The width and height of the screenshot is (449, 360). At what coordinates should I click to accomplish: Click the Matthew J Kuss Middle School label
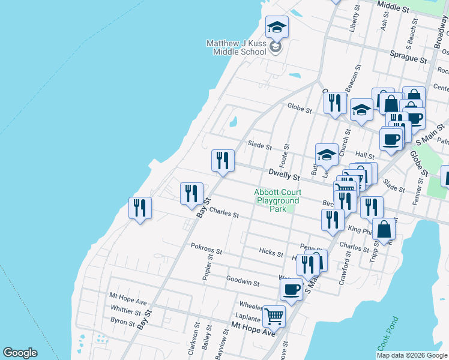236,47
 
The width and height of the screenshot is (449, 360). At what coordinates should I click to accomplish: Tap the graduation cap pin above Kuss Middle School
277,28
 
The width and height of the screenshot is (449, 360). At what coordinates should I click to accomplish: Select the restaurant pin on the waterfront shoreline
140,209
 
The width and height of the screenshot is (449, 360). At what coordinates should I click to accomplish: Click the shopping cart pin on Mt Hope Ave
274,316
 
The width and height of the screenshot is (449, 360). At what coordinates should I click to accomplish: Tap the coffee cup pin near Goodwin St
291,290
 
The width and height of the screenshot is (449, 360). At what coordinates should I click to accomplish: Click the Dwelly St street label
284,176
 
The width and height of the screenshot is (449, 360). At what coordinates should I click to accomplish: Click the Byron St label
123,323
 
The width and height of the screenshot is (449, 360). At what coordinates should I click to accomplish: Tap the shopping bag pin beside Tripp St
384,229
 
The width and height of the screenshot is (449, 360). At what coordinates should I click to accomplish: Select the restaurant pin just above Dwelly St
223,161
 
